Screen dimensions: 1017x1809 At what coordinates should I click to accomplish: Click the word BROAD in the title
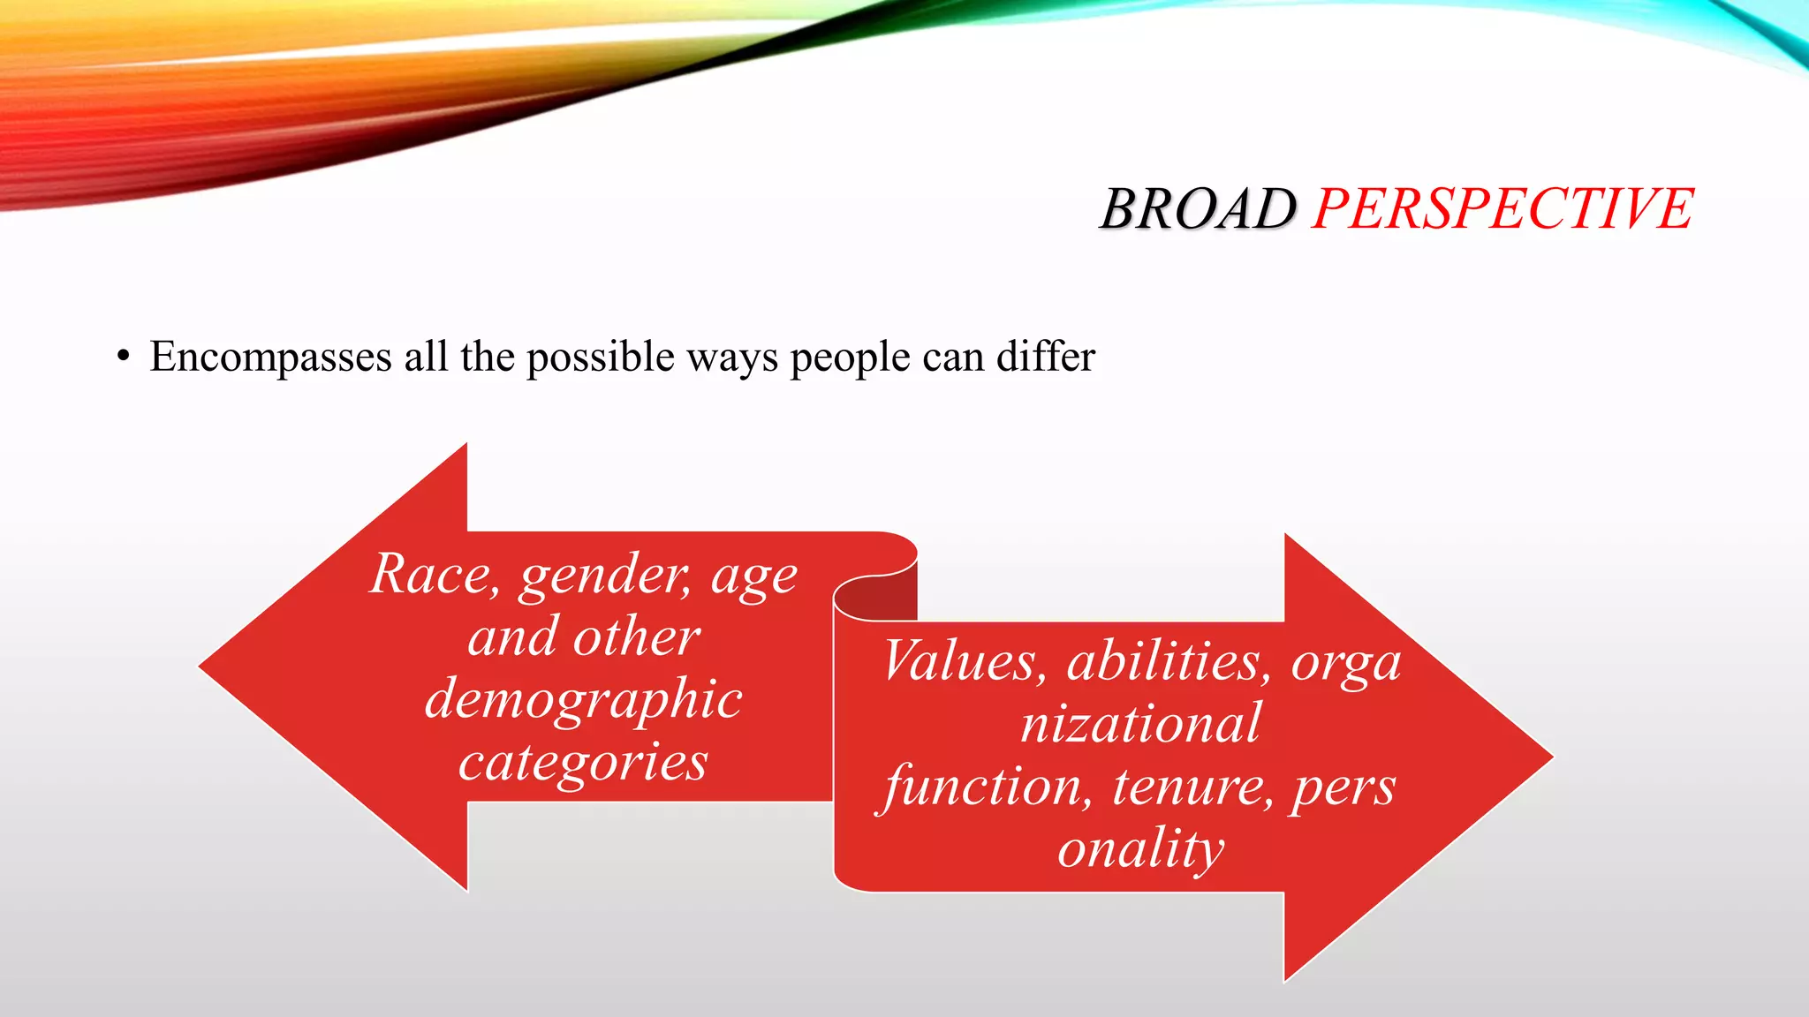(1198, 210)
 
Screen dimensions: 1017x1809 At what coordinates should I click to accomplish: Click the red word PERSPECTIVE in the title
(1502, 210)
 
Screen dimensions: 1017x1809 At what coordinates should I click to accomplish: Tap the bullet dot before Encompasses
(124, 358)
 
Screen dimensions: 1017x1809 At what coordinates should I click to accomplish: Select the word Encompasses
(270, 358)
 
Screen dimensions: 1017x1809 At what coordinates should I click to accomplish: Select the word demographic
(583, 699)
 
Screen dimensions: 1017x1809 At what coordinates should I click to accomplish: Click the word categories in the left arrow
(583, 761)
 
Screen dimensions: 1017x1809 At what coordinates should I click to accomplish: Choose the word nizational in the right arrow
(1140, 723)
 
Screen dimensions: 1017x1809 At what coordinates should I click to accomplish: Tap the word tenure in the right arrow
(1192, 786)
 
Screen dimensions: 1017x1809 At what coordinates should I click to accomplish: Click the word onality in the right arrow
(1140, 848)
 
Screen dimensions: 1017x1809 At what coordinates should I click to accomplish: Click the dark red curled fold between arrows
(874, 601)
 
